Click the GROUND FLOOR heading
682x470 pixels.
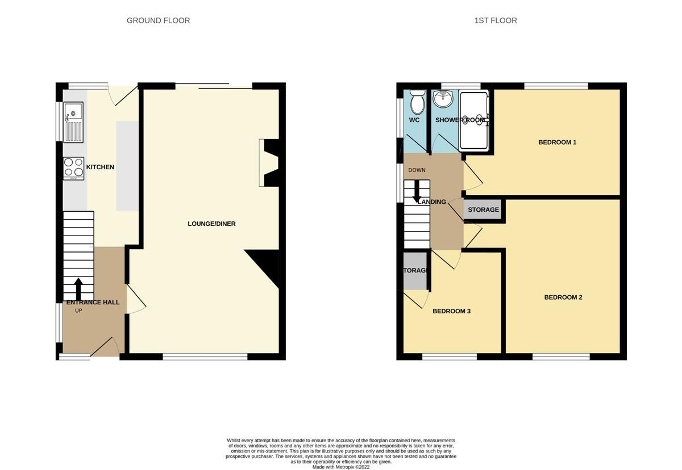click(x=158, y=20)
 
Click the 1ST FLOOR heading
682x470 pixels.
click(x=496, y=20)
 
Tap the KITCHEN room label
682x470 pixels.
click(x=100, y=167)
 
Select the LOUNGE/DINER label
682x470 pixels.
click(x=211, y=224)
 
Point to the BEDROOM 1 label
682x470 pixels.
click(x=557, y=142)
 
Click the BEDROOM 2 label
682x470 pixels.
click(x=563, y=297)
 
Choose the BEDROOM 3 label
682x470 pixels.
click(x=451, y=311)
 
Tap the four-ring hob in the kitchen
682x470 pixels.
click(x=73, y=168)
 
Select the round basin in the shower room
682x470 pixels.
click(x=443, y=99)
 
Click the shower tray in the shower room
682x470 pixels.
click(x=473, y=120)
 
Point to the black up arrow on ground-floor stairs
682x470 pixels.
click(x=78, y=288)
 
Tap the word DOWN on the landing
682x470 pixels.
click(x=417, y=170)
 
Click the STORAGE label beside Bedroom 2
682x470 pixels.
click(x=483, y=210)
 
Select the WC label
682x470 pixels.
click(x=414, y=120)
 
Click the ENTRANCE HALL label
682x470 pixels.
click(x=93, y=303)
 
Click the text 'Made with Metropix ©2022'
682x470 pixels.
click(x=341, y=467)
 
